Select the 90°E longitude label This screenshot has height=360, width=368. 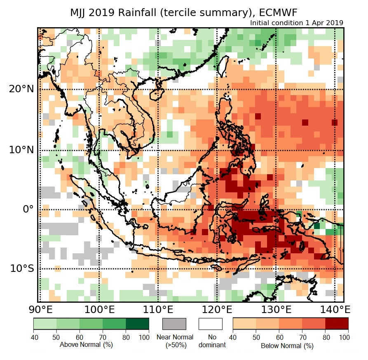(39, 309)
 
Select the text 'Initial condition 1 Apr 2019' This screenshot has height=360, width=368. (297, 23)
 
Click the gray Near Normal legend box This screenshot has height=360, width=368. (174, 324)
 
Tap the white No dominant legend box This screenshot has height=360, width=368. (210, 324)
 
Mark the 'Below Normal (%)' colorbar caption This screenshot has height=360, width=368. (287, 346)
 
